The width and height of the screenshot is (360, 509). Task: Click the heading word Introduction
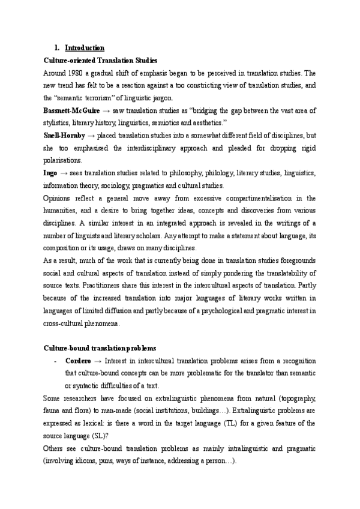[85, 47]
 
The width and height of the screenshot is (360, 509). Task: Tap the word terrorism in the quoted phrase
[107, 98]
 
